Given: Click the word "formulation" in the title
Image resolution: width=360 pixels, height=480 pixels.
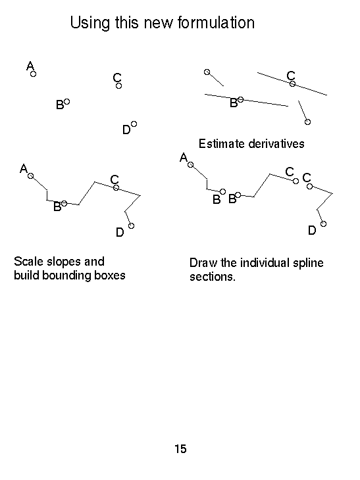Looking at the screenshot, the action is tap(216, 22).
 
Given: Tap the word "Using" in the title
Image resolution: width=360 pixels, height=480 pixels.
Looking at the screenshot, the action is tap(90, 23).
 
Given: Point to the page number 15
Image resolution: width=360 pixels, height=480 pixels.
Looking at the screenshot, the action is tap(180, 449).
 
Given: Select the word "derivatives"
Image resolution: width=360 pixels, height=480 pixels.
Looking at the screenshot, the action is tap(276, 143).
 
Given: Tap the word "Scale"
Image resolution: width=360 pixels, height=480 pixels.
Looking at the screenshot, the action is tap(28, 262).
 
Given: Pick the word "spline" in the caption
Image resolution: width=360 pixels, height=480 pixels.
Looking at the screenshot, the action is tap(308, 263).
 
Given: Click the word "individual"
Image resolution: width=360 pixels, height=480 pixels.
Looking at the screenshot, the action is tap(265, 262).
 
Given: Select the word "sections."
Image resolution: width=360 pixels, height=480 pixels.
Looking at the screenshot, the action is tap(213, 276).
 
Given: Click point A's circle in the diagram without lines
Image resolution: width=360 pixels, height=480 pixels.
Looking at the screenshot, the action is tap(34, 74).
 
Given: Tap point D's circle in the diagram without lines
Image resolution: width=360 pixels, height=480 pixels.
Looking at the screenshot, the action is tap(134, 124).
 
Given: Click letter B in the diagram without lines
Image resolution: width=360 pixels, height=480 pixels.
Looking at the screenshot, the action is tap(60, 105).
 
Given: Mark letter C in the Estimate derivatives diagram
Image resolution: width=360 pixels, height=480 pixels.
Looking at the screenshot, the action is tap(291, 76).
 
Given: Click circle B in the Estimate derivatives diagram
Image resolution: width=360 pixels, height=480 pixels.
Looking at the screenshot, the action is tap(241, 99).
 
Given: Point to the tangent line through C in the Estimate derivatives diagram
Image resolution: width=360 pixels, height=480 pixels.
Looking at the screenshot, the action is tap(292, 84).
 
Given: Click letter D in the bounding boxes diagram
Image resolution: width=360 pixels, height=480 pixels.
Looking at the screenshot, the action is tap(120, 232).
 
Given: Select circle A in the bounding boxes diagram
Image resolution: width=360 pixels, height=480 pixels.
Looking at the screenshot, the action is tap(31, 176).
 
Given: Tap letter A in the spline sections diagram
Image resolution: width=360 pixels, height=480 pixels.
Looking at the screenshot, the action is tap(184, 157).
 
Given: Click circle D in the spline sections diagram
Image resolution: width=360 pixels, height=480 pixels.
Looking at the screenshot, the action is tap(323, 224).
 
